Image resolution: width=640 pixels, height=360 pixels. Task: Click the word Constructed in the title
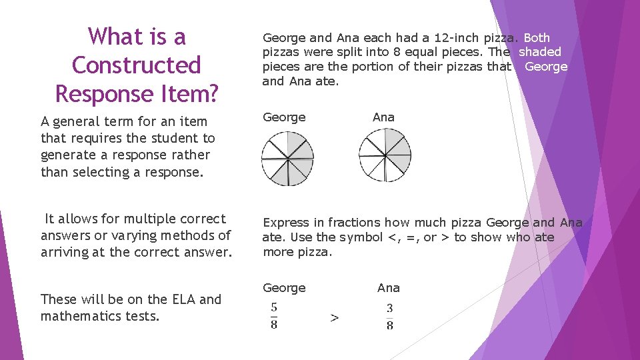point(136,65)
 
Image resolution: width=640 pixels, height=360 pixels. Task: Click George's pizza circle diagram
point(287,158)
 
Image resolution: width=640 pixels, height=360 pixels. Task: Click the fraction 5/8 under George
point(274,316)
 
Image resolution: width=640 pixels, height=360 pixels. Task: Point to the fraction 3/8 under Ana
point(389,316)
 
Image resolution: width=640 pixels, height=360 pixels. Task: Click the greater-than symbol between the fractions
point(334,318)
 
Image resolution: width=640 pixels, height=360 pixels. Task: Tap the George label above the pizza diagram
point(284,117)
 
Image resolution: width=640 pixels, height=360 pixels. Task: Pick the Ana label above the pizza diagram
point(383,117)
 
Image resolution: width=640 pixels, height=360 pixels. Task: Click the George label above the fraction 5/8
point(284,288)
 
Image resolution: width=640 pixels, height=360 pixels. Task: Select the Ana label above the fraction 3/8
point(389,288)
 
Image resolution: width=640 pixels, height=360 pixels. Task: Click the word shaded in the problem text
point(540,52)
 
